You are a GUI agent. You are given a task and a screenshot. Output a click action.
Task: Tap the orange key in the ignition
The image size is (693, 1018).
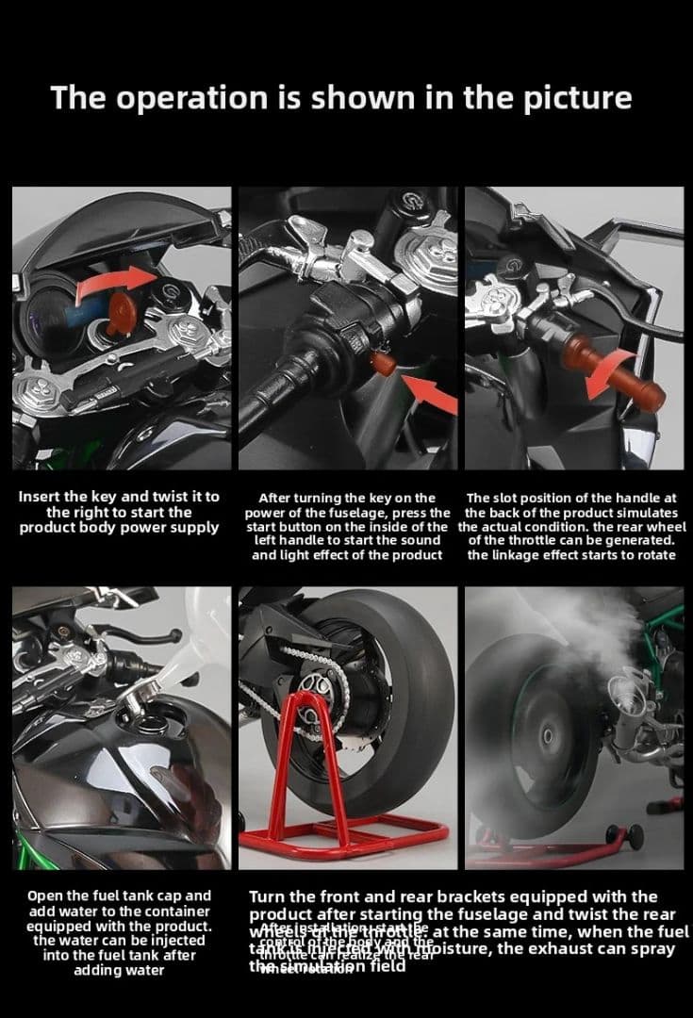click(x=121, y=314)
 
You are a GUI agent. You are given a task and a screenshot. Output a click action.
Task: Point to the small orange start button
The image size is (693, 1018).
click(x=382, y=361)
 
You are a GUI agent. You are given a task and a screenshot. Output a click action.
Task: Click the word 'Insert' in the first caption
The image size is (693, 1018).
click(x=44, y=497)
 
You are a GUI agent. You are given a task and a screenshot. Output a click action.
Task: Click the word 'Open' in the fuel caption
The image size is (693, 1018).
click(x=45, y=895)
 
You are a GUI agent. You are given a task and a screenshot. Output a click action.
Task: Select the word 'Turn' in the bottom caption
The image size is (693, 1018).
click(x=270, y=896)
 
